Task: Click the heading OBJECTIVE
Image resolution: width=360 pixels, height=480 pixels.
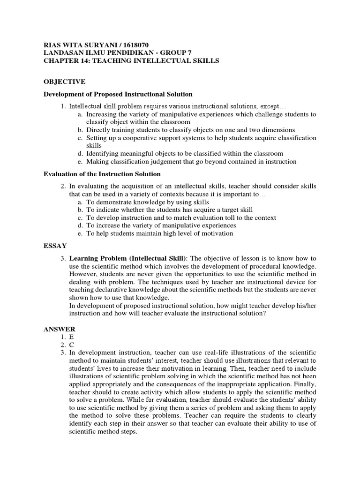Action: coord(64,82)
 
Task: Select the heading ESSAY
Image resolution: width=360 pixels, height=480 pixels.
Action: coord(55,245)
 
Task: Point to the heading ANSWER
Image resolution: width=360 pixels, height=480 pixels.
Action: coord(59,329)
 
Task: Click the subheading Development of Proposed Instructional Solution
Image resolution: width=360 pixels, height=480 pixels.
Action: coord(118,94)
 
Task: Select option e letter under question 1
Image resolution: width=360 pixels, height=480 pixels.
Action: coord(80,161)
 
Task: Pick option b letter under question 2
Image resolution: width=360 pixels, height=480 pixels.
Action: coord(80,210)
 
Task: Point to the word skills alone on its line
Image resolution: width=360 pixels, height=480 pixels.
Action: coord(94,146)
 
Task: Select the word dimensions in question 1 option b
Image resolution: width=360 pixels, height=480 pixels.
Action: coord(279,130)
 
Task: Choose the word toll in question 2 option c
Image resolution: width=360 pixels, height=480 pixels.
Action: coord(223,217)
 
